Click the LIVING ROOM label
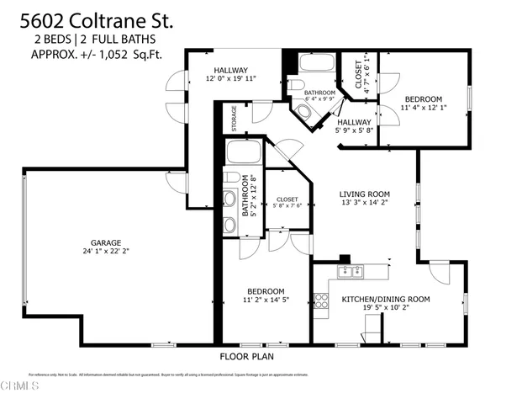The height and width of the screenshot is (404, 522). pyautogui.click(x=364, y=192)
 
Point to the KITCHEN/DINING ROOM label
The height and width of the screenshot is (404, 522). pyautogui.click(x=385, y=299)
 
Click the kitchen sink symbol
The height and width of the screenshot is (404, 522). pyautogui.click(x=349, y=271)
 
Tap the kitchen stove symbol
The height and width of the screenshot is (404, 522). pyautogui.click(x=319, y=300)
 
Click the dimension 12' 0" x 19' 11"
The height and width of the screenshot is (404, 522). pyautogui.click(x=229, y=78)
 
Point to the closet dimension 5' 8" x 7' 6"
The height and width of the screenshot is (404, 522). pyautogui.click(x=287, y=207)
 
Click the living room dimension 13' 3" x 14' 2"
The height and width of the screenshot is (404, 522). pyautogui.click(x=364, y=202)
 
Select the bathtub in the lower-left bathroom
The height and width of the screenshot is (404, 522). pyautogui.click(x=244, y=154)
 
